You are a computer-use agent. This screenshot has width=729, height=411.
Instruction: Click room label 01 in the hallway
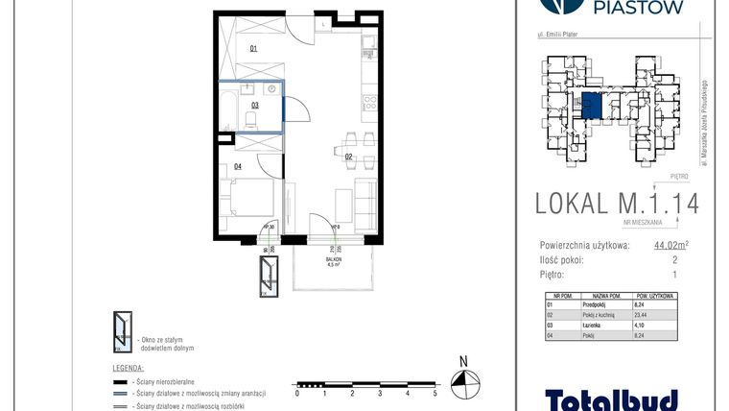(254, 47)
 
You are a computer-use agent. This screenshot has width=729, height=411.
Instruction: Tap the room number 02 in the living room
(350, 155)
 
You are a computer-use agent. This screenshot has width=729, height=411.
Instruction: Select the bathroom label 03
(255, 106)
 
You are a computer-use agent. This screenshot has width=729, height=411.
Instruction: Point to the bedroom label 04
(237, 166)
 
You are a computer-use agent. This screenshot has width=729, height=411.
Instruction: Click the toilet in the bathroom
(250, 119)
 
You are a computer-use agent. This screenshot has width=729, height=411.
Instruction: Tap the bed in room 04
(248, 203)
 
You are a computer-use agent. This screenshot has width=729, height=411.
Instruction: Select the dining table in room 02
(352, 142)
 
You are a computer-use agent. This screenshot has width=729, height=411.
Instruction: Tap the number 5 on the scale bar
(435, 393)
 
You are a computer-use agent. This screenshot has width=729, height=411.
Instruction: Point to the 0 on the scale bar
(297, 393)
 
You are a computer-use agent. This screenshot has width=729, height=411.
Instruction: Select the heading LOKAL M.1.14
(616, 203)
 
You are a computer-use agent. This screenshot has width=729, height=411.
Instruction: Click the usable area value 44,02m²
(670, 246)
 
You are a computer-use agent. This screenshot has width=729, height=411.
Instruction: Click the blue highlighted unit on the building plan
(593, 106)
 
